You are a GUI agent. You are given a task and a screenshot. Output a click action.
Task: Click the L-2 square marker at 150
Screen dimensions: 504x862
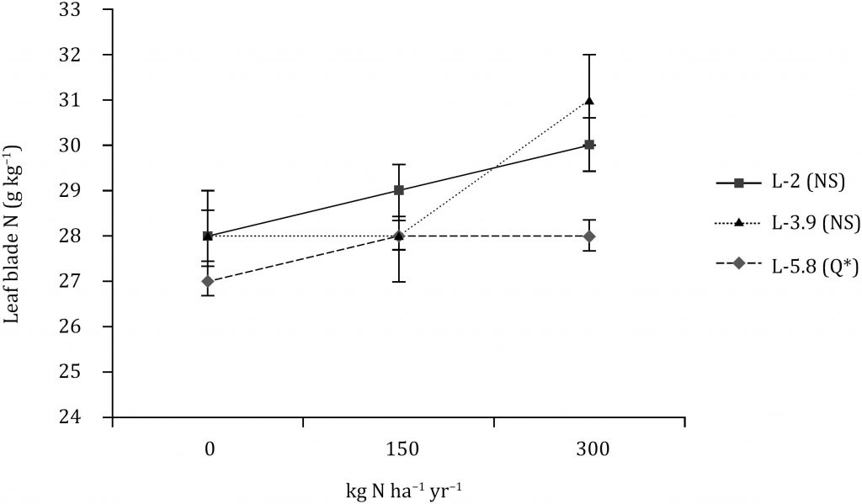399,190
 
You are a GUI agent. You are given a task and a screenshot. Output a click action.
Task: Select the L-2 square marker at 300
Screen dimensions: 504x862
590,145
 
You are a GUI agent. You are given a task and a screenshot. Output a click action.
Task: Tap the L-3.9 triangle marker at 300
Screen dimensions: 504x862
590,101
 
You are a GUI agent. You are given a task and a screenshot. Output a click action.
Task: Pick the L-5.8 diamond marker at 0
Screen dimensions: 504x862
208,281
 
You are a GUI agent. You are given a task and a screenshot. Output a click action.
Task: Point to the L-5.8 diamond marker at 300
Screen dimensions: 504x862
590,236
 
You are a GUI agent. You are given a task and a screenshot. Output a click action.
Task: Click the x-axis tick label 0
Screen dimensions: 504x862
208,450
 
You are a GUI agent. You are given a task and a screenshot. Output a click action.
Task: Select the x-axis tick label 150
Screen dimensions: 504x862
399,450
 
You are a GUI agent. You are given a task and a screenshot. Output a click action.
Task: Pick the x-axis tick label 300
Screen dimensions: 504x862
590,450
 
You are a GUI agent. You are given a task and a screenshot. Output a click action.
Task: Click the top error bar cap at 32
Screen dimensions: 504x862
590,55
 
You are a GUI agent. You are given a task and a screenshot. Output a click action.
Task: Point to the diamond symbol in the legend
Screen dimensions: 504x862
737,263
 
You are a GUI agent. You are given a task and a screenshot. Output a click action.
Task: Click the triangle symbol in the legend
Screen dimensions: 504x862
737,223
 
